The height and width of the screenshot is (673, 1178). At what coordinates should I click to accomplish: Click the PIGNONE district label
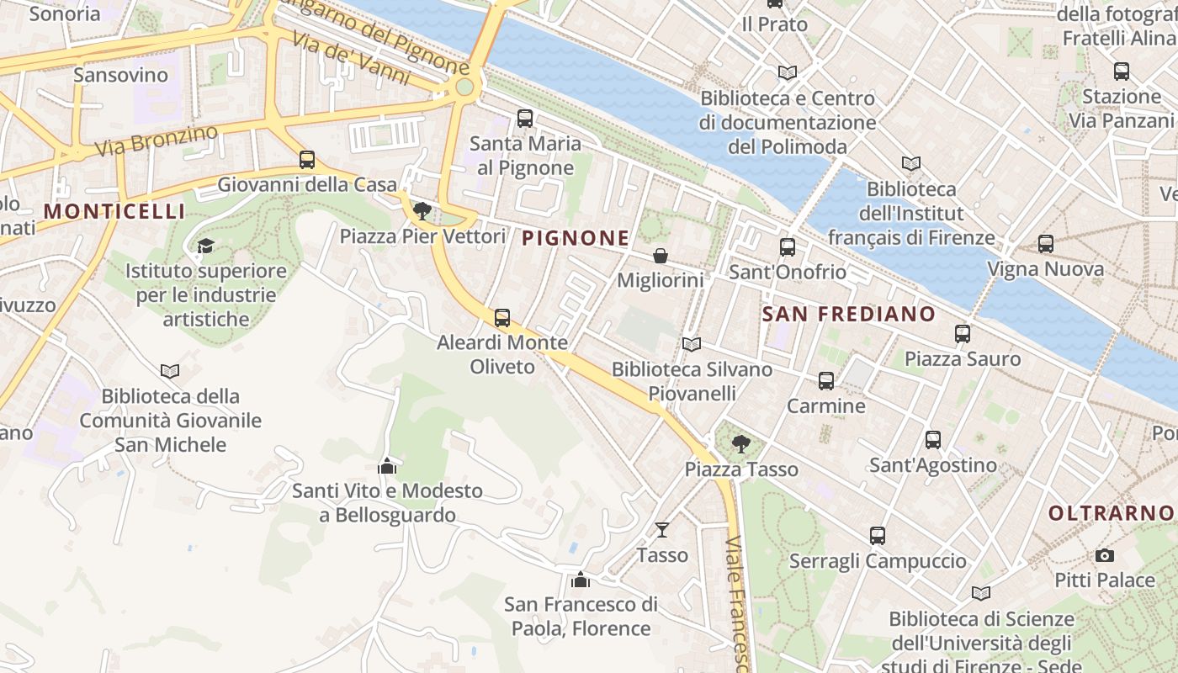(x=576, y=238)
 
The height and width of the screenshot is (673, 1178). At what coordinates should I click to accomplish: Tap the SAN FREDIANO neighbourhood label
(x=848, y=315)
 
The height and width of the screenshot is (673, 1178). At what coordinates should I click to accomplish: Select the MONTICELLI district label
(x=114, y=211)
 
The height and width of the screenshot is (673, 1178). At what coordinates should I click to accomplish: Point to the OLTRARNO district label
(x=1111, y=512)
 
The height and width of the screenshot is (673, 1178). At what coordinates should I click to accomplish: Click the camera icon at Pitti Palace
(x=1105, y=556)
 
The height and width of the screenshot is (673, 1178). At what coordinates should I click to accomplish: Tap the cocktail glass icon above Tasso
(x=662, y=530)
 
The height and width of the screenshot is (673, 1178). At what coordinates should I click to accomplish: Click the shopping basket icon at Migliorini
(x=661, y=256)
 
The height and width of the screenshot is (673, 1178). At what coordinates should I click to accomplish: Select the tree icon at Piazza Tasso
(x=740, y=443)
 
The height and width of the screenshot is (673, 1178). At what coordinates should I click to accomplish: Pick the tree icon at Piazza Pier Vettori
(x=422, y=211)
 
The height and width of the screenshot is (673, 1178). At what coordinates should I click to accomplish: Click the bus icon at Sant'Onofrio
(x=788, y=247)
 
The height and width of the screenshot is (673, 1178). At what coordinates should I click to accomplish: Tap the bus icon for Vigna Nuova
(x=1046, y=244)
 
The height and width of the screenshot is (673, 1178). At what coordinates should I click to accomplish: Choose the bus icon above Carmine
(x=826, y=381)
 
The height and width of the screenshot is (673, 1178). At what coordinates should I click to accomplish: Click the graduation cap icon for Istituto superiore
(x=205, y=246)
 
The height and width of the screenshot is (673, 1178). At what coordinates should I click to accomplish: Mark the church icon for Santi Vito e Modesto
(x=387, y=465)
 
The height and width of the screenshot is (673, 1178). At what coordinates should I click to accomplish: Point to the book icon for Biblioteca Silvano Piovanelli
(x=692, y=344)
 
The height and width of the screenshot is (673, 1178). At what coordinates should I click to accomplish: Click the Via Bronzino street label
(x=157, y=140)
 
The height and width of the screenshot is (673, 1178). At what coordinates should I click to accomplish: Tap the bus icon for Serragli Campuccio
(x=878, y=536)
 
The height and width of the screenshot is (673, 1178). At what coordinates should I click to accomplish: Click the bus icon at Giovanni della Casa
(x=307, y=159)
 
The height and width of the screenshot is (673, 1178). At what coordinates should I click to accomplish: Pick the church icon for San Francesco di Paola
(x=580, y=580)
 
